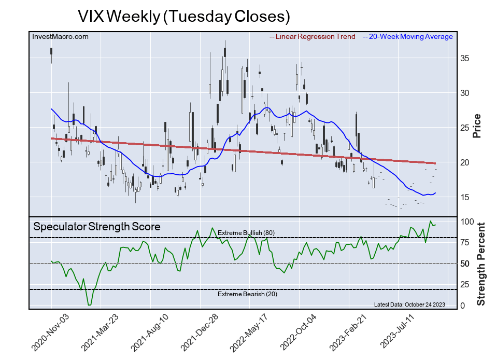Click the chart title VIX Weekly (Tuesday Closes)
point(183,16)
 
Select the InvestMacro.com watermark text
point(61,36)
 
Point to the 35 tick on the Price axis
point(466,58)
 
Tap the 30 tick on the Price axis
point(466,93)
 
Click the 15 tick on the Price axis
point(466,197)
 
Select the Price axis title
point(477,126)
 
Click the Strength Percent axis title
point(480,264)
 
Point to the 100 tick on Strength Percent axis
point(468,221)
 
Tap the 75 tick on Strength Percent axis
point(466,242)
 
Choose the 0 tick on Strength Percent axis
point(463,306)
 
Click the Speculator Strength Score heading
point(97,227)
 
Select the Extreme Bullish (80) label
point(246,233)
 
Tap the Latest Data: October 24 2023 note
point(409,304)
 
